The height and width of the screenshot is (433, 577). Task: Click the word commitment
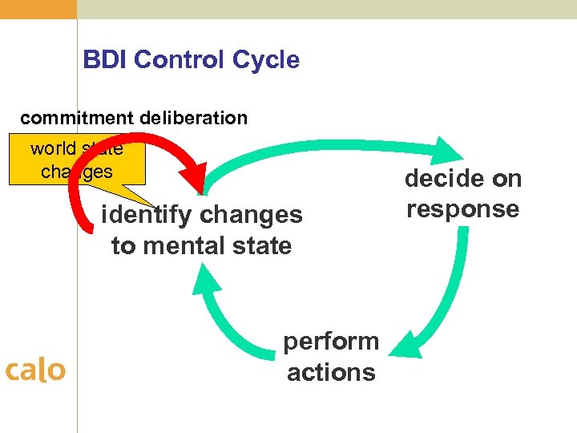coord(77,118)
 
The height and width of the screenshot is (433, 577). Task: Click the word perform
coord(331,341)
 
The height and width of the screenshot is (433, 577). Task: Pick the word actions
coord(331,372)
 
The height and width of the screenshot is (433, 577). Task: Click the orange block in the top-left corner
coord(38,9)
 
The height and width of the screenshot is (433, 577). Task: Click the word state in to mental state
coord(262,245)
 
